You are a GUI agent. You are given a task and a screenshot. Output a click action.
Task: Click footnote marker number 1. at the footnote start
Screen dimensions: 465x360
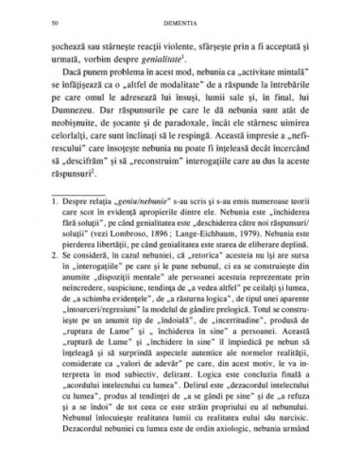point(55,252)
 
